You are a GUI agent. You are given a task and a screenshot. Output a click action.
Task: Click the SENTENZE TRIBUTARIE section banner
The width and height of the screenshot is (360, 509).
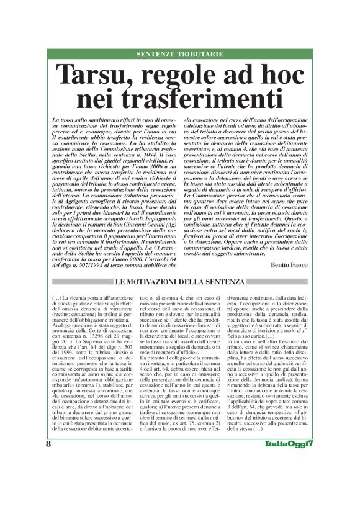click(180, 54)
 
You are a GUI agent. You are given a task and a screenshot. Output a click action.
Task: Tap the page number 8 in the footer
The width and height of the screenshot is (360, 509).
click(48, 478)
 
